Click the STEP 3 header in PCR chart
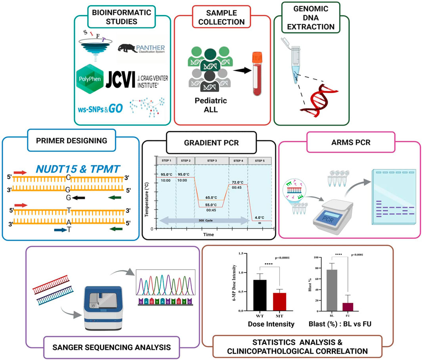coord(212,161)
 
